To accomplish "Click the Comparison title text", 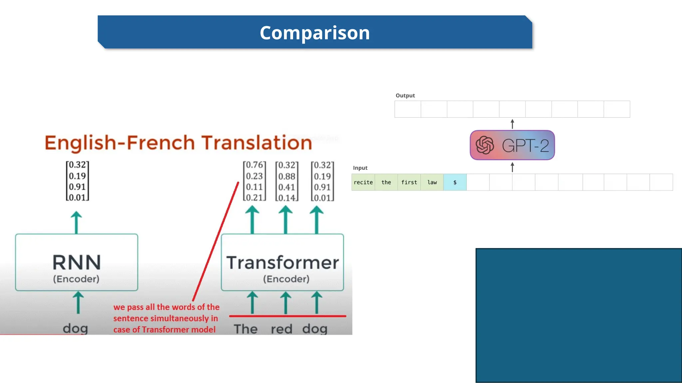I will coord(314,33).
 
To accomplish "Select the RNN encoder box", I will coord(77,263).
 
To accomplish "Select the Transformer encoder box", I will coord(282,263).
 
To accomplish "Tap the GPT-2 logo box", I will coord(512,145).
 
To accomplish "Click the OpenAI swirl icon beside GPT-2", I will coord(485,145).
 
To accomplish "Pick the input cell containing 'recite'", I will coord(363,182).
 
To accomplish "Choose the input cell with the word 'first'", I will coord(409,182).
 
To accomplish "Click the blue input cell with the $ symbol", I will coord(455,182).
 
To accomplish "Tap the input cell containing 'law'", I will coord(432,182).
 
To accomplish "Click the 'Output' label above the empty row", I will coord(405,95).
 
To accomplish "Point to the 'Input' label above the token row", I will coord(360,168).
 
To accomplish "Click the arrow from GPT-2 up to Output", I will coord(512,124).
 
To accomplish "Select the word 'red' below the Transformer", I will coord(281,329).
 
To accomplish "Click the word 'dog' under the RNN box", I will coord(76,328).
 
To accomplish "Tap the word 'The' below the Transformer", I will coord(246,329).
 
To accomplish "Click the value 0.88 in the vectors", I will coord(287,176).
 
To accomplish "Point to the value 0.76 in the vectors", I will coord(254,165).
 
